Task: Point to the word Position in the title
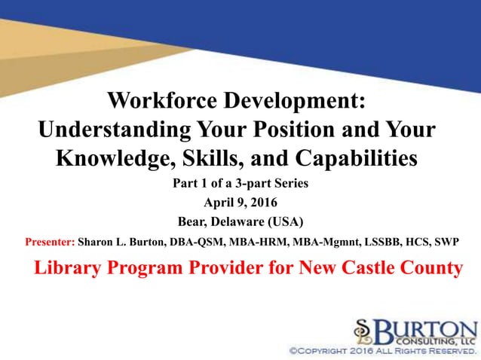point(317,130)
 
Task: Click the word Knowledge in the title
point(111,159)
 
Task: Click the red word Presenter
point(50,243)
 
